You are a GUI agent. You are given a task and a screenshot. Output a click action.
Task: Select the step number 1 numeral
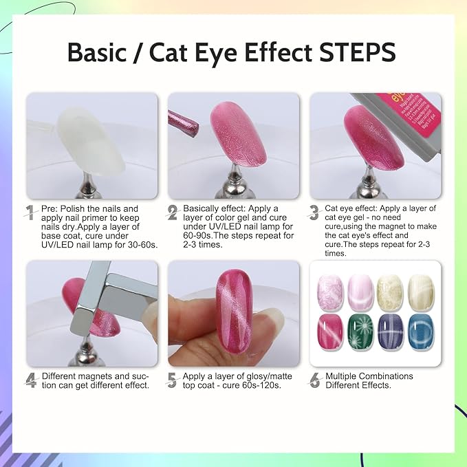[x=30, y=213]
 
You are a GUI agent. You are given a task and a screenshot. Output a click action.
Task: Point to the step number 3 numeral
[x=314, y=213]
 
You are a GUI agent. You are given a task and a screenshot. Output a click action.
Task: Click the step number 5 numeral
[x=173, y=380]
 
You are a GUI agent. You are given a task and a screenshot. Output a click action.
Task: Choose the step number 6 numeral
[x=315, y=380]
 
